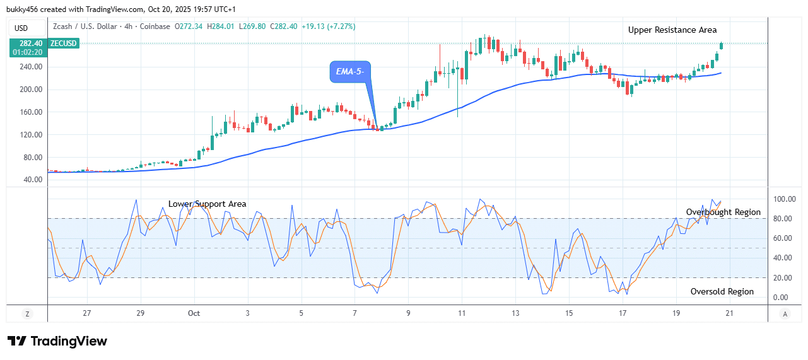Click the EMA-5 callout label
point(349,71)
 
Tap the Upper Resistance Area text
point(672,30)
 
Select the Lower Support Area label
point(207,204)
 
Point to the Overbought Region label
point(723,212)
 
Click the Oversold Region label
point(722,291)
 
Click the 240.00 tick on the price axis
point(31,67)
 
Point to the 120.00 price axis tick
point(31,135)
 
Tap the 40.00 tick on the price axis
point(33,180)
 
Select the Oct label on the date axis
point(194,313)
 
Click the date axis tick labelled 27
point(87,313)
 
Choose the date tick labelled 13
point(515,313)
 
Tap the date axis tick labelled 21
point(730,313)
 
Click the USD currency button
point(21,28)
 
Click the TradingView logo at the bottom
point(57,341)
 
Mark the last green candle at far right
point(721,45)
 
